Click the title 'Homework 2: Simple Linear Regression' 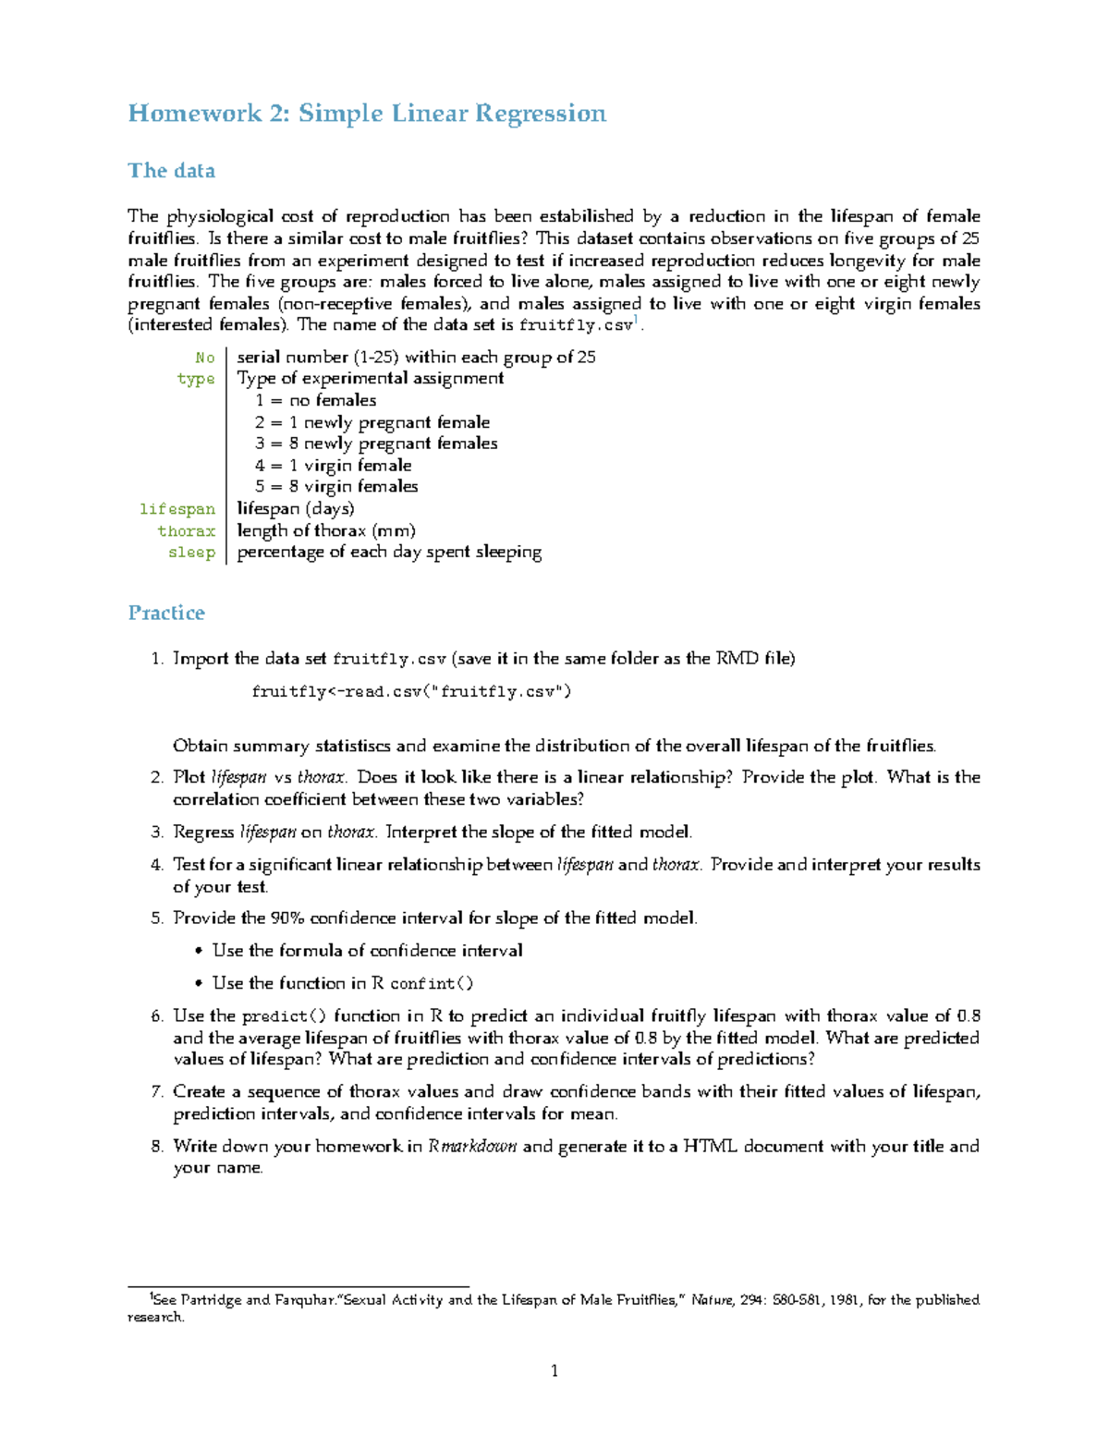pos(367,114)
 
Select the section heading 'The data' pos(171,171)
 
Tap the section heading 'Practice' pos(166,613)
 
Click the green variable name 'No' pos(204,358)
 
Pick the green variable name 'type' pos(196,379)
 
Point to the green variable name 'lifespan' pos(177,509)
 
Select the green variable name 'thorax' pos(186,531)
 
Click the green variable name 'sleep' pos(191,553)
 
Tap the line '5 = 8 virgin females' pos(336,487)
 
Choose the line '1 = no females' pos(316,400)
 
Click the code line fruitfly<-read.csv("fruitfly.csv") pos(411,691)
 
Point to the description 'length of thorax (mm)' pos(326,530)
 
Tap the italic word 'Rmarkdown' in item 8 pos(472,1147)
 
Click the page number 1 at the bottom pos(554,1371)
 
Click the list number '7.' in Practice pos(156,1092)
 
